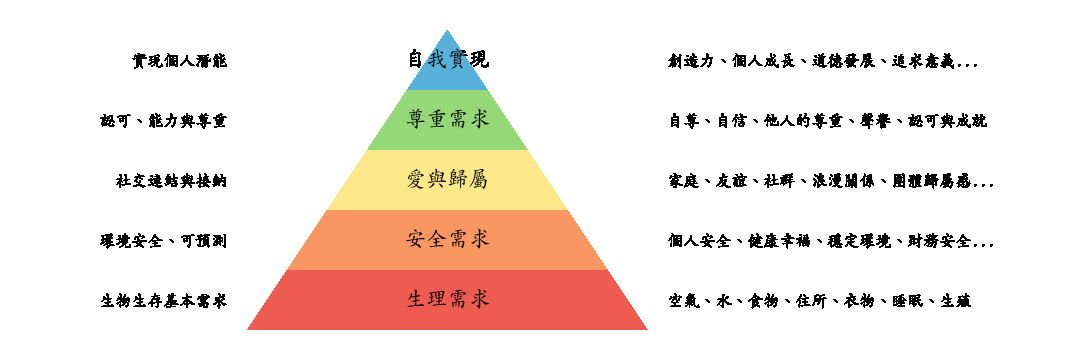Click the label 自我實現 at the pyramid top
click(x=447, y=60)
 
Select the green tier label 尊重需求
click(x=447, y=120)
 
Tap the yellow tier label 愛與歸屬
click(x=447, y=180)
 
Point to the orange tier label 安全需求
click(x=447, y=240)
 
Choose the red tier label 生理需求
click(x=447, y=300)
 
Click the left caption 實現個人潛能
click(x=180, y=61)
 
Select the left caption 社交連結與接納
click(x=171, y=181)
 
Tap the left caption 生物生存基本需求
click(x=164, y=301)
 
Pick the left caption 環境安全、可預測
click(x=164, y=241)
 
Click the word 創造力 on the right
click(x=691, y=61)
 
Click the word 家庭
click(x=683, y=181)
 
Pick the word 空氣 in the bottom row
click(x=683, y=301)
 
